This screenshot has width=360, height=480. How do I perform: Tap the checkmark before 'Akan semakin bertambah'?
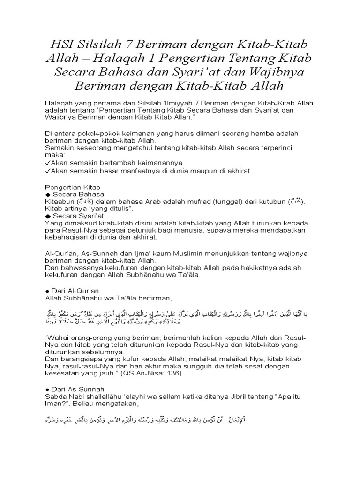coord(47,162)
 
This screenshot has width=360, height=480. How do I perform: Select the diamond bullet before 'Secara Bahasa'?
coord(47,194)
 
